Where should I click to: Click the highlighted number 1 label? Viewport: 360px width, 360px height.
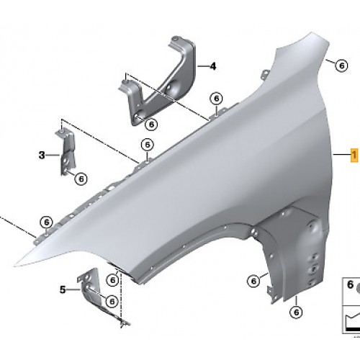click(x=354, y=155)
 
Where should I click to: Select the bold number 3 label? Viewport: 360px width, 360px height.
click(x=42, y=155)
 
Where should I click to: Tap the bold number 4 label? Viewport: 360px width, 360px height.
click(x=212, y=66)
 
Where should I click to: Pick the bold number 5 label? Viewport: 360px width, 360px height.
click(x=63, y=289)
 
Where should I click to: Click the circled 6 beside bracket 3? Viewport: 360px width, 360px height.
click(x=81, y=179)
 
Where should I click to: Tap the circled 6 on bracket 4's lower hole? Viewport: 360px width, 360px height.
click(x=151, y=125)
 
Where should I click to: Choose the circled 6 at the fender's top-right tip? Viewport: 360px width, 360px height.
click(x=342, y=66)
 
